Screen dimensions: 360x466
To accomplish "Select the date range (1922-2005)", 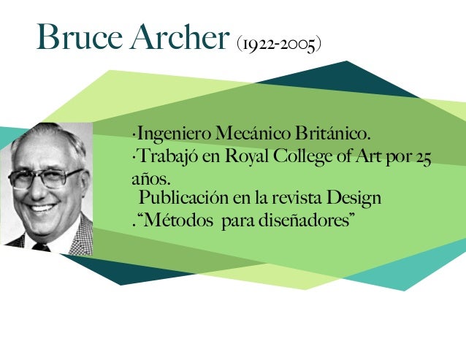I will [280, 45].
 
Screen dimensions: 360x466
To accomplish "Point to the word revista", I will [297, 198].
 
